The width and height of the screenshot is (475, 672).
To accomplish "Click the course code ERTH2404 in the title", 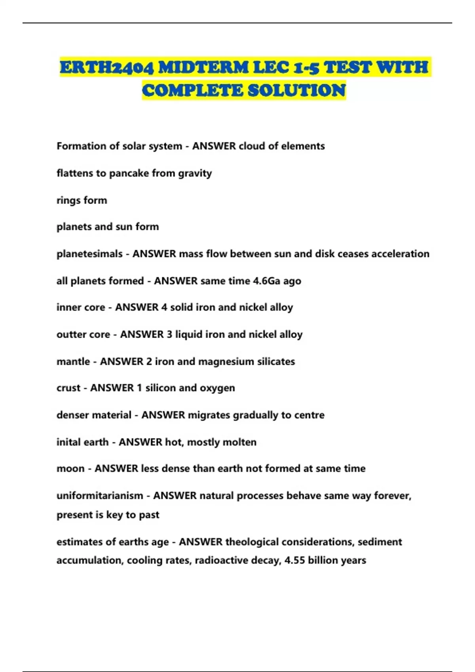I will coord(106,68).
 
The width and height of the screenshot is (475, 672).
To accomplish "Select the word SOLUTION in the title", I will coord(296,91).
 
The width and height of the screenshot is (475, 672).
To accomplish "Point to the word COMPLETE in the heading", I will coord(193,91).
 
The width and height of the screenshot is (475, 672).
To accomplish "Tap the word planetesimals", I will coord(89,254).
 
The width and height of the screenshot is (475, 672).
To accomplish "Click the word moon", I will coord(70,469).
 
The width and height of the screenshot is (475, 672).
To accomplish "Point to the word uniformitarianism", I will coord(100,496).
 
